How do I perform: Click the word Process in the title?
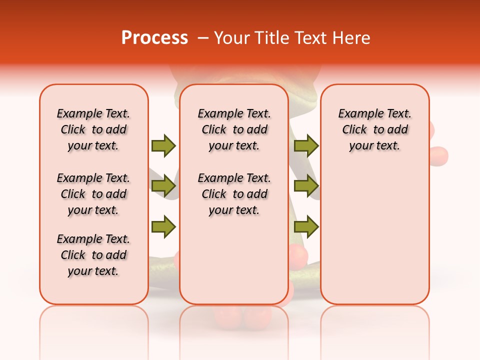[154, 38]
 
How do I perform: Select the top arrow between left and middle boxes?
[163, 145]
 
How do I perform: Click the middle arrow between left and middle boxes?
[163, 186]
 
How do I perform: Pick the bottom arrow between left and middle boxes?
[163, 227]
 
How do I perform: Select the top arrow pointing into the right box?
[306, 145]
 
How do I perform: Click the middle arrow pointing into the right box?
[306, 186]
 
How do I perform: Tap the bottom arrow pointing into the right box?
[306, 227]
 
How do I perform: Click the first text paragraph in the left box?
[93, 129]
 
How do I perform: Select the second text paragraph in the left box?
[93, 194]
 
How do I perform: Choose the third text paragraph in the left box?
[93, 255]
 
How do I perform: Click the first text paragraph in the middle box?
[234, 129]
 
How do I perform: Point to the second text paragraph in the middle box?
[234, 194]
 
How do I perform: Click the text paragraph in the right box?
[375, 129]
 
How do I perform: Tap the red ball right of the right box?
[439, 154]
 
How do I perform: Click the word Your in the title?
[232, 38]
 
